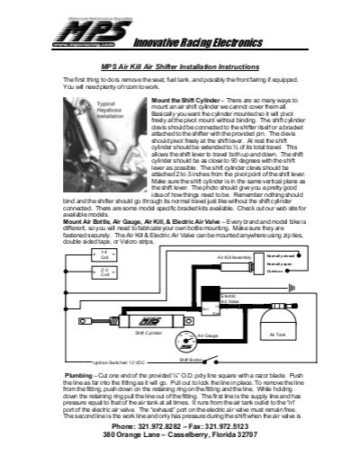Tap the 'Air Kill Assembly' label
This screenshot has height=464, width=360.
[235, 257]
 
